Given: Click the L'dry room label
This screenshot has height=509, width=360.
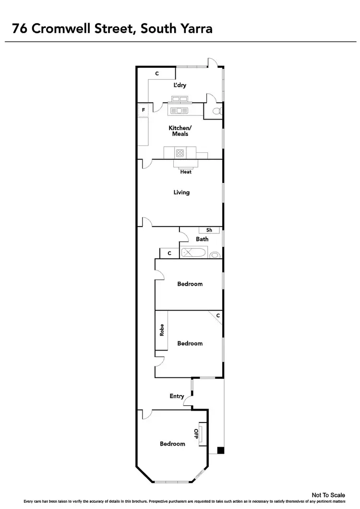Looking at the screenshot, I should pyautogui.click(x=180, y=85).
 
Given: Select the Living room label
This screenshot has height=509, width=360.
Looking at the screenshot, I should pyautogui.click(x=181, y=192).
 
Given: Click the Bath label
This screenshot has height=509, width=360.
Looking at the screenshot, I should pyautogui.click(x=202, y=239).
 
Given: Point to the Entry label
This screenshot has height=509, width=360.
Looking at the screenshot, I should pyautogui.click(x=177, y=396).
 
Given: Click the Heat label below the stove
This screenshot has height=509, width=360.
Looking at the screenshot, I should pyautogui.click(x=186, y=172).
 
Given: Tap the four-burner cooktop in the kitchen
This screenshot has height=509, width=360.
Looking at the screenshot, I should pyautogui.click(x=180, y=153).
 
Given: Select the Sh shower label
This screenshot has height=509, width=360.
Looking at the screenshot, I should pyautogui.click(x=209, y=230).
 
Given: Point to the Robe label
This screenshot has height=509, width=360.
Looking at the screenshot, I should pyautogui.click(x=162, y=331).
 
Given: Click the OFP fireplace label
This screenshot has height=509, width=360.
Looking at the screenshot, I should pyautogui.click(x=196, y=434).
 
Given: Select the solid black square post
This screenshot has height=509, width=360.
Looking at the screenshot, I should pyautogui.click(x=220, y=450).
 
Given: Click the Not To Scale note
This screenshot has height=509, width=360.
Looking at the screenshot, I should pyautogui.click(x=328, y=495).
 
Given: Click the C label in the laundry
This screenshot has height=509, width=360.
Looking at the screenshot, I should pyautogui.click(x=157, y=73).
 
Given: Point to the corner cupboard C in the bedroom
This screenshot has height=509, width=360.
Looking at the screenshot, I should pyautogui.click(x=218, y=315).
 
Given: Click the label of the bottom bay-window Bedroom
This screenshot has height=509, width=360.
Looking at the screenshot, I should pyautogui.click(x=172, y=444).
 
